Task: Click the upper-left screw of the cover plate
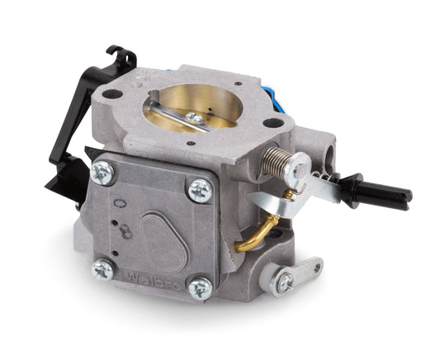coord(103,173)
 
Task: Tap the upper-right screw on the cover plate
coord(200,191)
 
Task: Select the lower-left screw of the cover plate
coord(103,269)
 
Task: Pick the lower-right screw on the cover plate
coord(199,289)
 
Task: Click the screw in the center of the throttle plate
coord(196,119)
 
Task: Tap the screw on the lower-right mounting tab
coord(285,282)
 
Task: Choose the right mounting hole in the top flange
coord(273,122)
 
